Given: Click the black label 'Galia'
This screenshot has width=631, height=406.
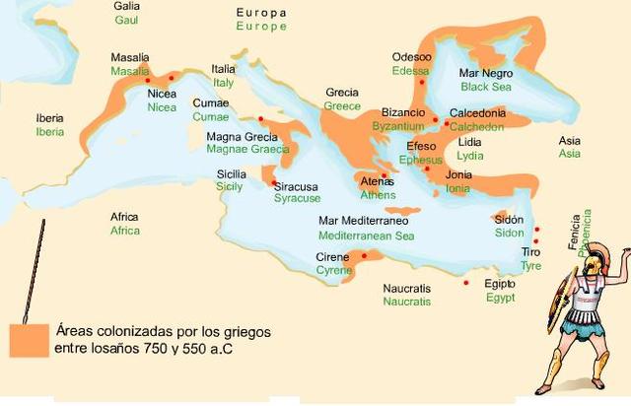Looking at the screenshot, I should point(126,6).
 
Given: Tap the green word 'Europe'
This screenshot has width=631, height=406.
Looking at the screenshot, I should point(261,27).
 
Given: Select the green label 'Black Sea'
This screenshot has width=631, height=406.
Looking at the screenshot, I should point(487,87).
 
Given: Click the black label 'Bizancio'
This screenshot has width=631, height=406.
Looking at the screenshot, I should point(403,113).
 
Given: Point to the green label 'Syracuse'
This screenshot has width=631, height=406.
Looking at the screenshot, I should point(297,198).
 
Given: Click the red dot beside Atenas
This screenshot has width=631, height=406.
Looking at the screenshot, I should point(384,175).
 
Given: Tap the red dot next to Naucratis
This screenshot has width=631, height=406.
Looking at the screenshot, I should point(466,284).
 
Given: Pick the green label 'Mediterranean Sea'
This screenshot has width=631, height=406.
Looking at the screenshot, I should point(366,236).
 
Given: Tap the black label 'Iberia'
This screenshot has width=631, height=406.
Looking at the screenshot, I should point(49,117).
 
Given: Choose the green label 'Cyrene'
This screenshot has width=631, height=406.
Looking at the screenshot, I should point(333,270).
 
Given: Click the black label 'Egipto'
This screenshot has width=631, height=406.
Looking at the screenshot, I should point(500,284).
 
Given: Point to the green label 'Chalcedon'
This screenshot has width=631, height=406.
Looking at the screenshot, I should point(477,127).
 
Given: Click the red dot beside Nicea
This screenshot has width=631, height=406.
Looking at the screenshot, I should point(149,80).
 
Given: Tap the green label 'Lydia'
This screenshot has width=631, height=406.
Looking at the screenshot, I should point(469,156).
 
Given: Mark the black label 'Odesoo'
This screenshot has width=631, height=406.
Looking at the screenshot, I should point(411,57).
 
